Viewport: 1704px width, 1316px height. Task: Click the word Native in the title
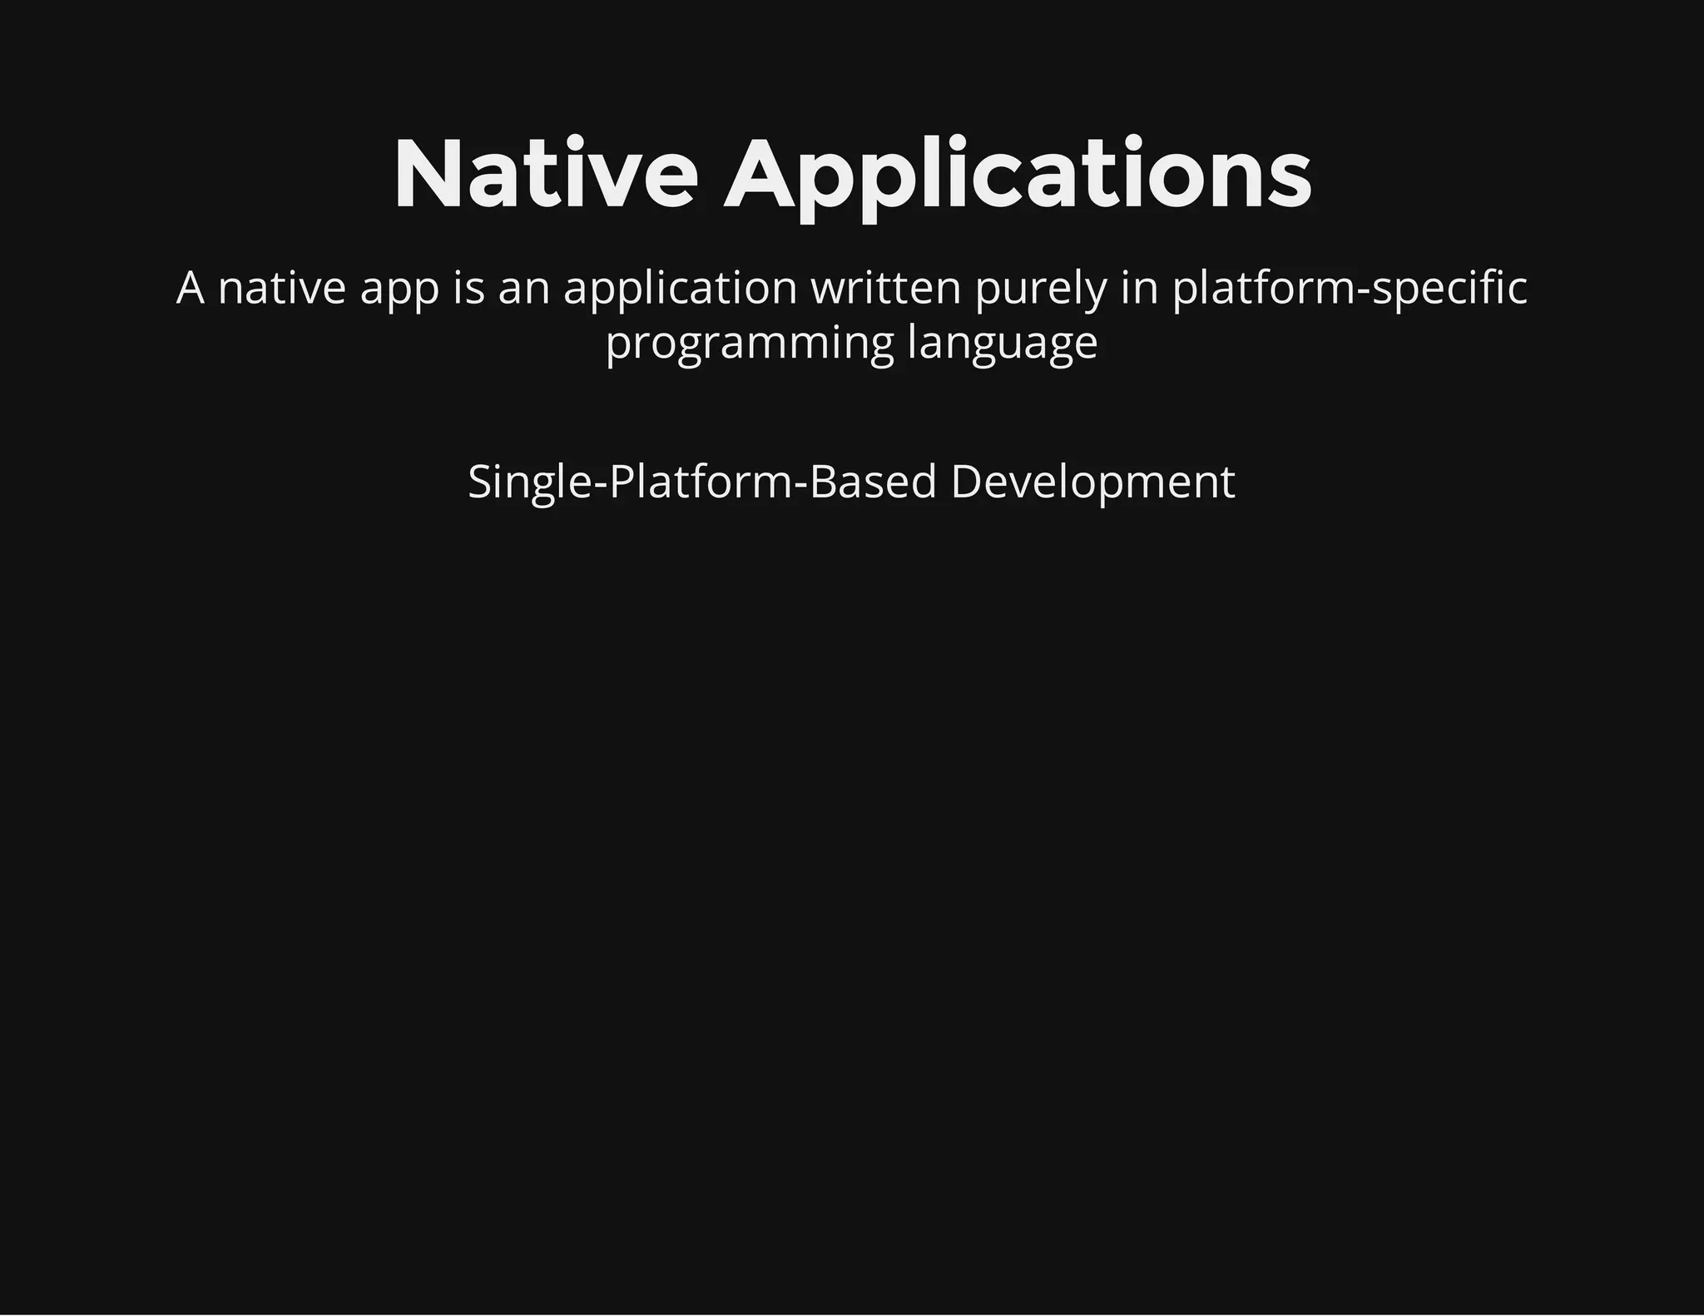545,175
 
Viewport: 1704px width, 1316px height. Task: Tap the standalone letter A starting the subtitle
190,289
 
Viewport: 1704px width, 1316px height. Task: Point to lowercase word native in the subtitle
281,289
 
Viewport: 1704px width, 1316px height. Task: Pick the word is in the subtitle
468,289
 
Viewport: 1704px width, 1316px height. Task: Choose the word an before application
524,289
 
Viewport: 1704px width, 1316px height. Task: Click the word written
885,289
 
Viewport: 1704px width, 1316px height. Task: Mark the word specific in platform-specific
1449,289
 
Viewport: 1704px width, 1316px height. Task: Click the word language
1003,344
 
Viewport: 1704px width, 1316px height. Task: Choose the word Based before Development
873,482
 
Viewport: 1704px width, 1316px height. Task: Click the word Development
1092,483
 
